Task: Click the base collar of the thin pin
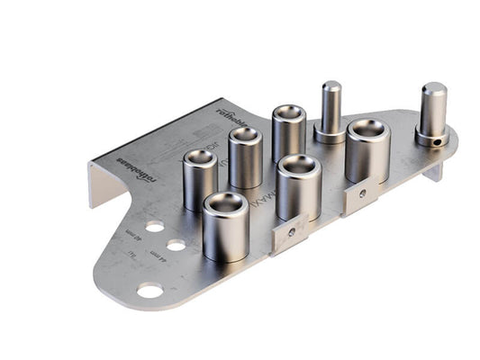click(x=330, y=135)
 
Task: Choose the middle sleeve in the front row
click(x=299, y=186)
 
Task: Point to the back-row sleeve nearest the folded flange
click(x=200, y=179)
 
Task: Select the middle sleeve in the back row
click(x=245, y=157)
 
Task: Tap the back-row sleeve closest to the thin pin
click(x=288, y=133)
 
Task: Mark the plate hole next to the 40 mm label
click(x=155, y=226)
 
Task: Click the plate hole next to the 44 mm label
click(x=176, y=245)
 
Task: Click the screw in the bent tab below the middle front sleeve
click(x=292, y=232)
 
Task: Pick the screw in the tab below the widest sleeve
click(x=362, y=193)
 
